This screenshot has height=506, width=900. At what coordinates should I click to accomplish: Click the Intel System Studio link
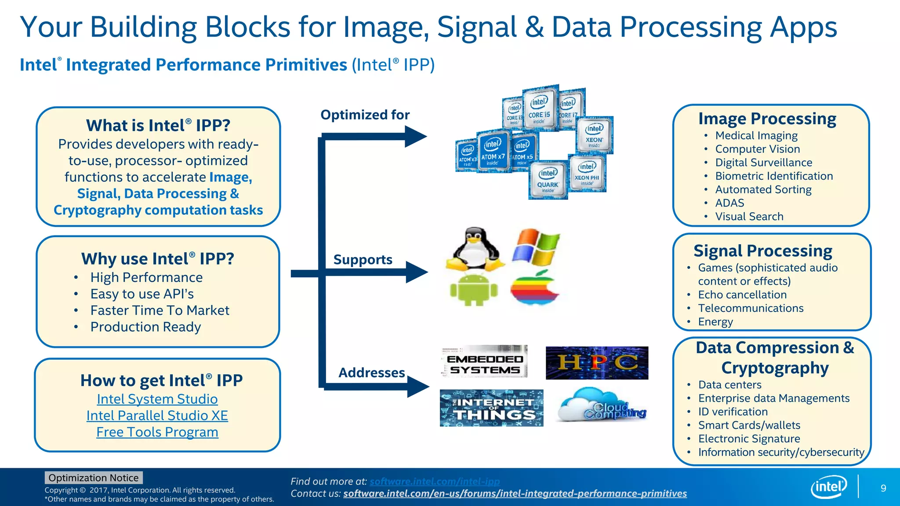(x=157, y=399)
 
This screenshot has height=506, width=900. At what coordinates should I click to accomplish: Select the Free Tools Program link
(x=157, y=432)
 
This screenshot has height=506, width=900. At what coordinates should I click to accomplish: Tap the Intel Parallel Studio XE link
(x=157, y=416)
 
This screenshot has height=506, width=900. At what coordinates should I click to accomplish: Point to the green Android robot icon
(x=474, y=289)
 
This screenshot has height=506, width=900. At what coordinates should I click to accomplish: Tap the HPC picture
(x=597, y=363)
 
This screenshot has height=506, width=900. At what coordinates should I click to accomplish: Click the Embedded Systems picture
(x=484, y=361)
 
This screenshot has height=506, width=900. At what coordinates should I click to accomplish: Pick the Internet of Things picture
(x=491, y=408)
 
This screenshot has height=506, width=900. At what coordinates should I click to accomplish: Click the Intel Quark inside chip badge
(x=548, y=180)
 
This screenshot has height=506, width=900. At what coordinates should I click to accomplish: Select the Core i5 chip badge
(x=540, y=108)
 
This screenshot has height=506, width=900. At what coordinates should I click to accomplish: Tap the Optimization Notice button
(x=94, y=478)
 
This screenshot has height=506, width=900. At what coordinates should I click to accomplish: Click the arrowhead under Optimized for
(x=415, y=136)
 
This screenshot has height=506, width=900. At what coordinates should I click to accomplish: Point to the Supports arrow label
(x=363, y=260)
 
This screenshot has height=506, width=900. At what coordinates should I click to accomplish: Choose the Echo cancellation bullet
(x=742, y=295)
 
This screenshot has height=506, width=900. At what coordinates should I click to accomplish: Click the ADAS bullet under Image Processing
(x=729, y=203)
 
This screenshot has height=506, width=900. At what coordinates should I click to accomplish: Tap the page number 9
(x=883, y=488)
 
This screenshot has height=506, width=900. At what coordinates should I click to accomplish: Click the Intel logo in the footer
(x=828, y=487)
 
